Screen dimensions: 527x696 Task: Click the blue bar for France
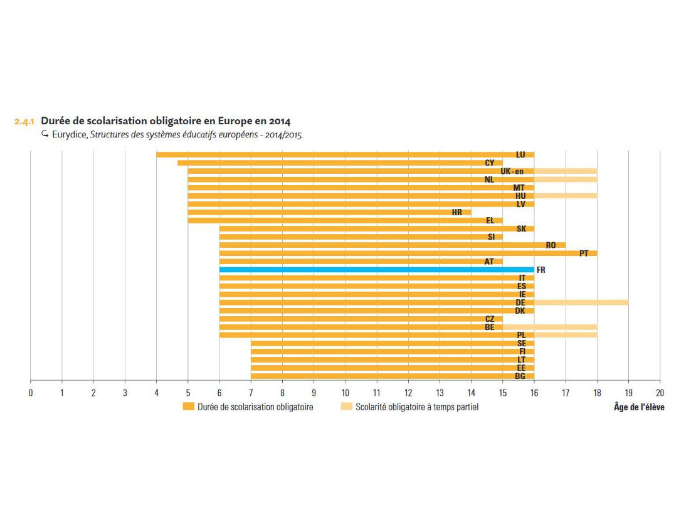point(376,270)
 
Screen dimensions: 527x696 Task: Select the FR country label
point(541,270)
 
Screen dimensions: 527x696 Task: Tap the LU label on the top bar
point(520,154)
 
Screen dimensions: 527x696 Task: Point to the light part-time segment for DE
point(581,302)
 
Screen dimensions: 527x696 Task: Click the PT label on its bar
point(584,253)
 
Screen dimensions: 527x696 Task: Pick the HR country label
point(457,213)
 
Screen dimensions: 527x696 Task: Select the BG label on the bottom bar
point(520,376)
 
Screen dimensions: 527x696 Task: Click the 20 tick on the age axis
point(660,393)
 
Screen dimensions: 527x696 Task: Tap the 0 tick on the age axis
point(31,393)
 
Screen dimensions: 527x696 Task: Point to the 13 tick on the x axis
point(440,393)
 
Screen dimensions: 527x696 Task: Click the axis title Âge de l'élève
point(639,408)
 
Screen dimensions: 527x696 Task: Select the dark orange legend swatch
point(188,407)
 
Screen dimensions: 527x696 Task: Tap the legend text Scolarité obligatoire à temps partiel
point(417,407)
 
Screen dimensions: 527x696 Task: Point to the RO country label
point(551,245)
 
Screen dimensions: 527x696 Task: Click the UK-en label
point(512,171)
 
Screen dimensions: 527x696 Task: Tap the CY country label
point(490,163)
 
